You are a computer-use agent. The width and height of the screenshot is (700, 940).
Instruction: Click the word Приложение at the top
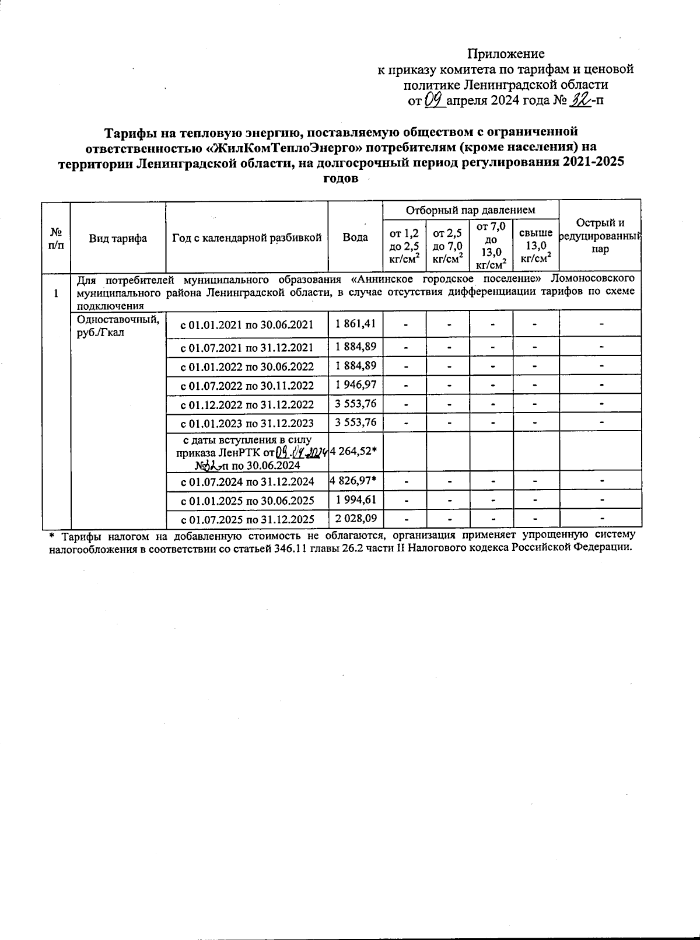pyautogui.click(x=506, y=54)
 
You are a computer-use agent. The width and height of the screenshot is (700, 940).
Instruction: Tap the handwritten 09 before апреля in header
pyautogui.click(x=435, y=100)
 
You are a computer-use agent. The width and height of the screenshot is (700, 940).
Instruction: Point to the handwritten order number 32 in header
pyautogui.click(x=580, y=100)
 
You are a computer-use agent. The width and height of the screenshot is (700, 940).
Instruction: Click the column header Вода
pyautogui.click(x=355, y=237)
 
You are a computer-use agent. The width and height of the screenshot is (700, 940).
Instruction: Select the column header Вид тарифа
pyautogui.click(x=118, y=238)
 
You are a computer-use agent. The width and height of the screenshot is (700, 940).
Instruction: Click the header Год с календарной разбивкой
pyautogui.click(x=247, y=238)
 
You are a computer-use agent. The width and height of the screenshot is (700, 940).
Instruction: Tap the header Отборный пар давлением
pyautogui.click(x=470, y=209)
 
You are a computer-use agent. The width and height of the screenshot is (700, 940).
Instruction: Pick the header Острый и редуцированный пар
pyautogui.click(x=600, y=236)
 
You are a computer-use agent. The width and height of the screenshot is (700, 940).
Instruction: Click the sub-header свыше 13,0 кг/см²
pyautogui.click(x=535, y=245)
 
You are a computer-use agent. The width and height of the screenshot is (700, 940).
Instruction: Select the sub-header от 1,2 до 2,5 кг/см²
pyautogui.click(x=404, y=245)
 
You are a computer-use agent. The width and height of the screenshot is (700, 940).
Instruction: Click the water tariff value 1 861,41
pyautogui.click(x=355, y=323)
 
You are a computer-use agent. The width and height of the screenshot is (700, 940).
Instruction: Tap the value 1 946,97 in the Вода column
pyautogui.click(x=355, y=385)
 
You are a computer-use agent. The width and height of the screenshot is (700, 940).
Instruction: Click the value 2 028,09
pyautogui.click(x=355, y=518)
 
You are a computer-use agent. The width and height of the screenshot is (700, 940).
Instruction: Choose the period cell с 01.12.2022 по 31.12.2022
pyautogui.click(x=247, y=404)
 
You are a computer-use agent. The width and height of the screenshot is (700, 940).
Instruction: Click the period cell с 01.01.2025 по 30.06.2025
pyautogui.click(x=247, y=501)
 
